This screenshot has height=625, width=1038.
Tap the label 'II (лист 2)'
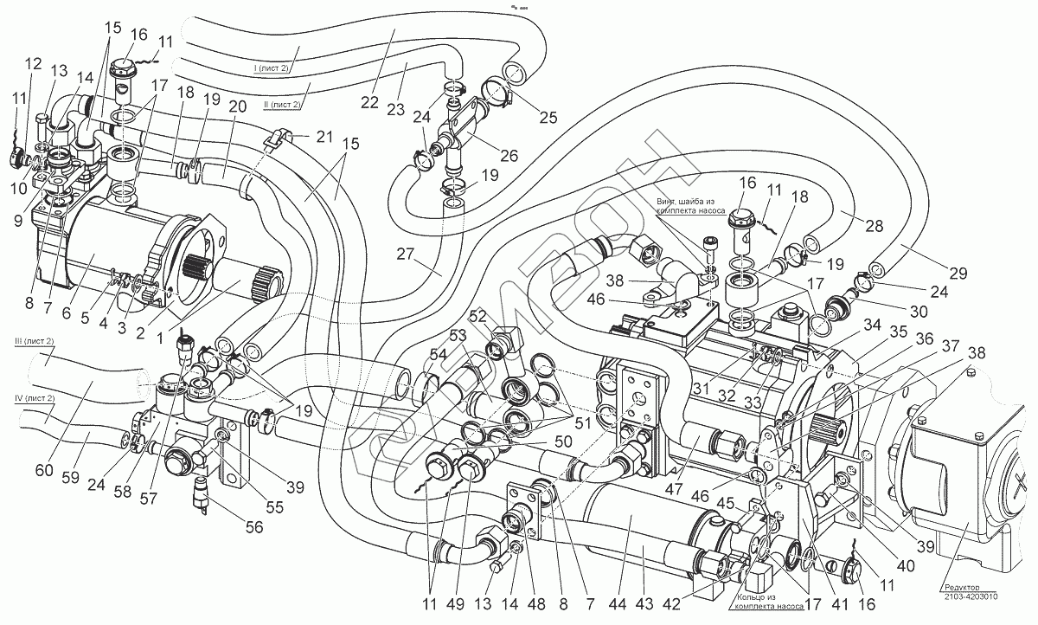(x=281, y=105)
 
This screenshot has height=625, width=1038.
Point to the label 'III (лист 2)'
(x=35, y=343)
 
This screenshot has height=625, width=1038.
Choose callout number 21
(x=324, y=138)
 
